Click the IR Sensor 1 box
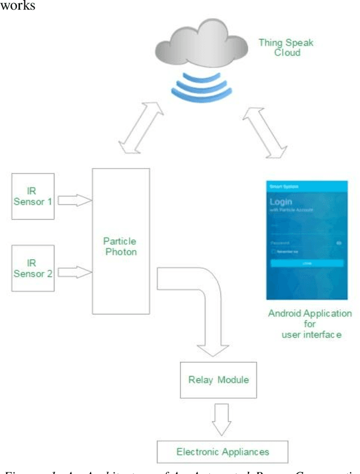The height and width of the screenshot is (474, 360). [33, 196]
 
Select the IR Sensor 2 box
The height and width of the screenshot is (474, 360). [33, 268]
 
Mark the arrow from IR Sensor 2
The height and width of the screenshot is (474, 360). [74, 272]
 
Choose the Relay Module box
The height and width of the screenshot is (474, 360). [218, 380]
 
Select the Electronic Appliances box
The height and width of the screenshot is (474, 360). [223, 452]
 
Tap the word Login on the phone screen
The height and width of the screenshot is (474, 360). [281, 202]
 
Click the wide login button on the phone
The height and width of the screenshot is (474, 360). [306, 263]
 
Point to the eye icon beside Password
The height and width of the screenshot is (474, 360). [339, 242]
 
